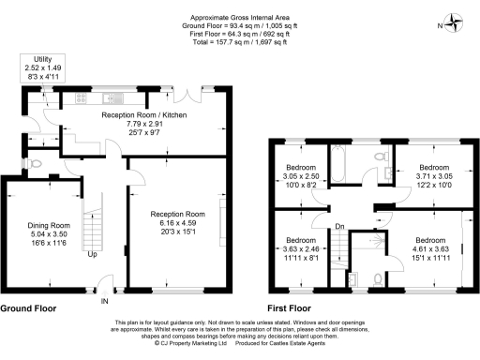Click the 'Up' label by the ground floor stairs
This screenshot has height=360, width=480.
click(x=92, y=254)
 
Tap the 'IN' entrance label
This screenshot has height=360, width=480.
click(x=105, y=301)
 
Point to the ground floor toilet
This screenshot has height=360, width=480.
click(x=35, y=162)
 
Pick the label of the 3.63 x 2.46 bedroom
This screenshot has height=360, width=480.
click(x=302, y=241)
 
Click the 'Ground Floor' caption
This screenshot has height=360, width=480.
click(x=27, y=307)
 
